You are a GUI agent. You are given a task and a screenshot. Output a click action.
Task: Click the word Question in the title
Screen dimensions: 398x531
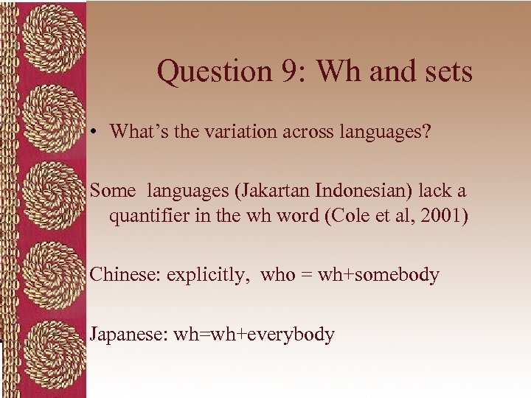tap(206, 71)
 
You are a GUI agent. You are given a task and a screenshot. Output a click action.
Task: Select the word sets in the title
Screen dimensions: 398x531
tap(444, 71)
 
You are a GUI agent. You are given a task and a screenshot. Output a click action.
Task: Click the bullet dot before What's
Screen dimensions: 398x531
tap(97, 133)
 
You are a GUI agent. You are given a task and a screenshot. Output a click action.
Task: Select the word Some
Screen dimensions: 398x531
tap(113, 191)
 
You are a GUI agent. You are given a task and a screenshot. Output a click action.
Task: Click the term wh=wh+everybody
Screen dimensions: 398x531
tap(254, 335)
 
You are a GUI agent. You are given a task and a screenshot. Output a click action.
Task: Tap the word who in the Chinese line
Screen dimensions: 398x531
tap(278, 275)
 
